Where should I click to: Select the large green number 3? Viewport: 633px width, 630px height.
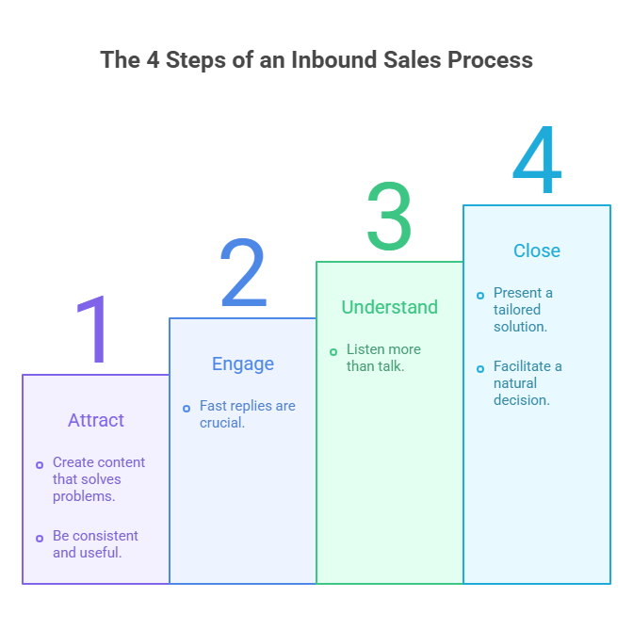point(389,218)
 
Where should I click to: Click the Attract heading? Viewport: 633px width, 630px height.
point(96,420)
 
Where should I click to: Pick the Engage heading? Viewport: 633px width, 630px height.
point(243,363)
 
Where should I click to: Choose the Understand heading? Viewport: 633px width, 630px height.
point(389,307)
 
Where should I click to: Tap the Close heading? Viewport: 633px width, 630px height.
point(537,250)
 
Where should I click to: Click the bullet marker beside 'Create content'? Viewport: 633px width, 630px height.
point(40,464)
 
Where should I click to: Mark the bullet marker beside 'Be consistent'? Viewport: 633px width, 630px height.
point(40,538)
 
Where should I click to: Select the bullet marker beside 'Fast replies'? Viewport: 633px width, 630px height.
point(187,408)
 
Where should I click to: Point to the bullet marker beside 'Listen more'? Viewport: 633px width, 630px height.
point(333,351)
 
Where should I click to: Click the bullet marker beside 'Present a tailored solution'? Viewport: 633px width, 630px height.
point(480,295)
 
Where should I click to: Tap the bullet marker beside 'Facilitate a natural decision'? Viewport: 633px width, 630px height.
point(480,368)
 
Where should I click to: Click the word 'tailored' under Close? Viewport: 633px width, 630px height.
point(517,310)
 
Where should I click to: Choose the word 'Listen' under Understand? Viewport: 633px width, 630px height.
point(366,349)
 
